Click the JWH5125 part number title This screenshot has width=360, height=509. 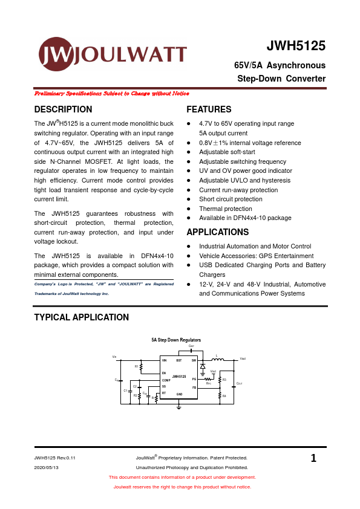[x=296, y=47]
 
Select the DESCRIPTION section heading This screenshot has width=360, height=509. [x=64, y=109]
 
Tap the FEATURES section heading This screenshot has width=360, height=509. [x=209, y=109]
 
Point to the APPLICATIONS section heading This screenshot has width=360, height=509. [x=218, y=232]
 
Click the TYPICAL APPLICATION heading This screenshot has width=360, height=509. [x=81, y=317]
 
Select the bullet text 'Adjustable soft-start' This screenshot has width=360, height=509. [x=227, y=152]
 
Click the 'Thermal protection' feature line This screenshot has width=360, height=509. [x=226, y=209]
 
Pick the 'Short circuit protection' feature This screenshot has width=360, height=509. [x=231, y=199]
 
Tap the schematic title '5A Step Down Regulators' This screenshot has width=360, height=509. [x=176, y=340]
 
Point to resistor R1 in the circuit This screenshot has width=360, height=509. [x=141, y=366]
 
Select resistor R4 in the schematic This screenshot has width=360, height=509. [x=220, y=396]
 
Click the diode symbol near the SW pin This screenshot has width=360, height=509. [x=203, y=366]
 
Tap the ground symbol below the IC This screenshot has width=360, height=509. [x=179, y=406]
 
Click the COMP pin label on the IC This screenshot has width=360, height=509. [x=166, y=380]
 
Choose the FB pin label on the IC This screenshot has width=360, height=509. [x=194, y=387]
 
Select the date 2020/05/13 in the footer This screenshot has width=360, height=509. [x=47, y=468]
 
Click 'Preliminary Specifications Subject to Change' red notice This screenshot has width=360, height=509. [x=112, y=94]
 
